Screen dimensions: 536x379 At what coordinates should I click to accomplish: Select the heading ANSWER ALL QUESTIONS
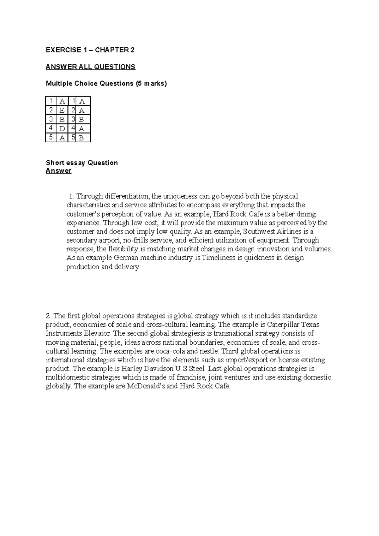[x=90, y=67]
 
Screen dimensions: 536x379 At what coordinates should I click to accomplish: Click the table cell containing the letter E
[x=62, y=110]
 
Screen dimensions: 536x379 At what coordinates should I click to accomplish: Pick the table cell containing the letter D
[x=62, y=128]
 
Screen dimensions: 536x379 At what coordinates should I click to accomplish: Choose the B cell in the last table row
[x=82, y=138]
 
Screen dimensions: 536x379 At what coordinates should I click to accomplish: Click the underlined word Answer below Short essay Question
[x=58, y=171]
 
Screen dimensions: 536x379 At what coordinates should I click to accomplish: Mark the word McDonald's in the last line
[x=146, y=386]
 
